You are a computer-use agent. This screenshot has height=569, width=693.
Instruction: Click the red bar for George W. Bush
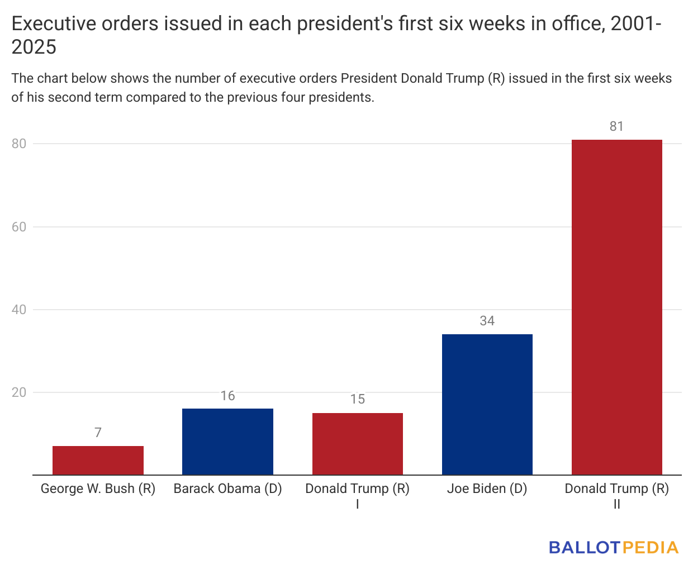(98, 461)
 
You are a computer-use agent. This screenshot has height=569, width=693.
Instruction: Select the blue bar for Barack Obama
(227, 442)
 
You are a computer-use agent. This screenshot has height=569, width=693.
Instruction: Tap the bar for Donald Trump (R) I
(357, 444)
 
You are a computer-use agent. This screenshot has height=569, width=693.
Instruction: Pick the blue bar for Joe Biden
(487, 404)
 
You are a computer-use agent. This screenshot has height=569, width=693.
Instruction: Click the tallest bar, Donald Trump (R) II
(616, 307)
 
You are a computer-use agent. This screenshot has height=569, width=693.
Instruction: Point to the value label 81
(616, 126)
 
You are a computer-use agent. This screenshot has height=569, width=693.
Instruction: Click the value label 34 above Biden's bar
(487, 321)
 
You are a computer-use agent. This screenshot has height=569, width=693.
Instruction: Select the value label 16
(227, 396)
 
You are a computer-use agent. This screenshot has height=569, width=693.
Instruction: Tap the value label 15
(357, 399)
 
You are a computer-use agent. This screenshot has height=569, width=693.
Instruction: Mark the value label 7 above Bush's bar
(98, 433)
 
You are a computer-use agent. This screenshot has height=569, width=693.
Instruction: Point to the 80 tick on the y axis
(19, 144)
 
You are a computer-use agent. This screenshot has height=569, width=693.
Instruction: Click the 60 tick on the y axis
(19, 227)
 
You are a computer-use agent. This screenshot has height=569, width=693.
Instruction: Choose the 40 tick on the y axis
(19, 310)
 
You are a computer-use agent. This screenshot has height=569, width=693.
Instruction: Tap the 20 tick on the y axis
(19, 392)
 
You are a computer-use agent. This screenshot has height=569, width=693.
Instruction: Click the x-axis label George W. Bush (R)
(98, 489)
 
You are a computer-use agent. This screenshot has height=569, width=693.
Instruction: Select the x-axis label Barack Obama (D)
(227, 489)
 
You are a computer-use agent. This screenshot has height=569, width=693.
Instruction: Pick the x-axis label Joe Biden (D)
(487, 489)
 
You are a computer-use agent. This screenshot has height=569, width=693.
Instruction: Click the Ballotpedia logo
(613, 547)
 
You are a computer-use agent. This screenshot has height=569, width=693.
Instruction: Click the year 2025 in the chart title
(34, 47)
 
